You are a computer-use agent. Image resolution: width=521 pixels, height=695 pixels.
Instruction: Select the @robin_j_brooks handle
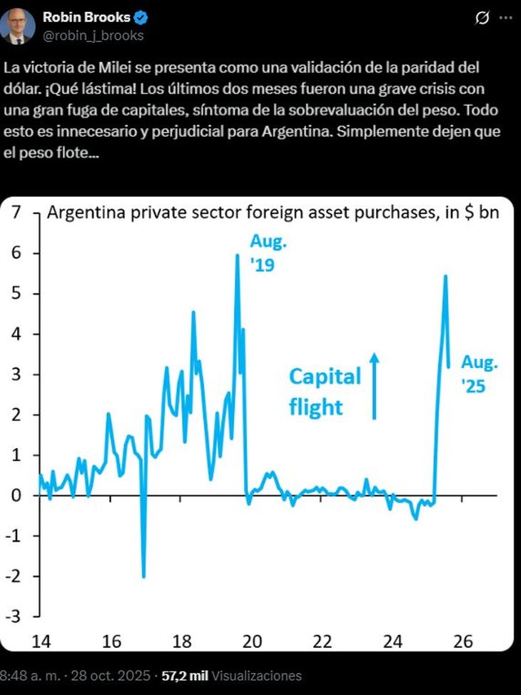coord(93,35)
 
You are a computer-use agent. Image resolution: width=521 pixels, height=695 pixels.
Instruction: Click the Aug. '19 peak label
coord(268,253)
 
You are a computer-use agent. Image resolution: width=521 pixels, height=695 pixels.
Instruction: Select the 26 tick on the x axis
coord(463,641)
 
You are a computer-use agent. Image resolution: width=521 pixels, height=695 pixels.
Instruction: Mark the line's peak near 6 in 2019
coord(238,255)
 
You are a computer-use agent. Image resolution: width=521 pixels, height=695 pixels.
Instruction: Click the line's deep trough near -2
coord(143,577)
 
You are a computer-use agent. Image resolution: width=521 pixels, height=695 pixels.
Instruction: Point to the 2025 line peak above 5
coord(445,276)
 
